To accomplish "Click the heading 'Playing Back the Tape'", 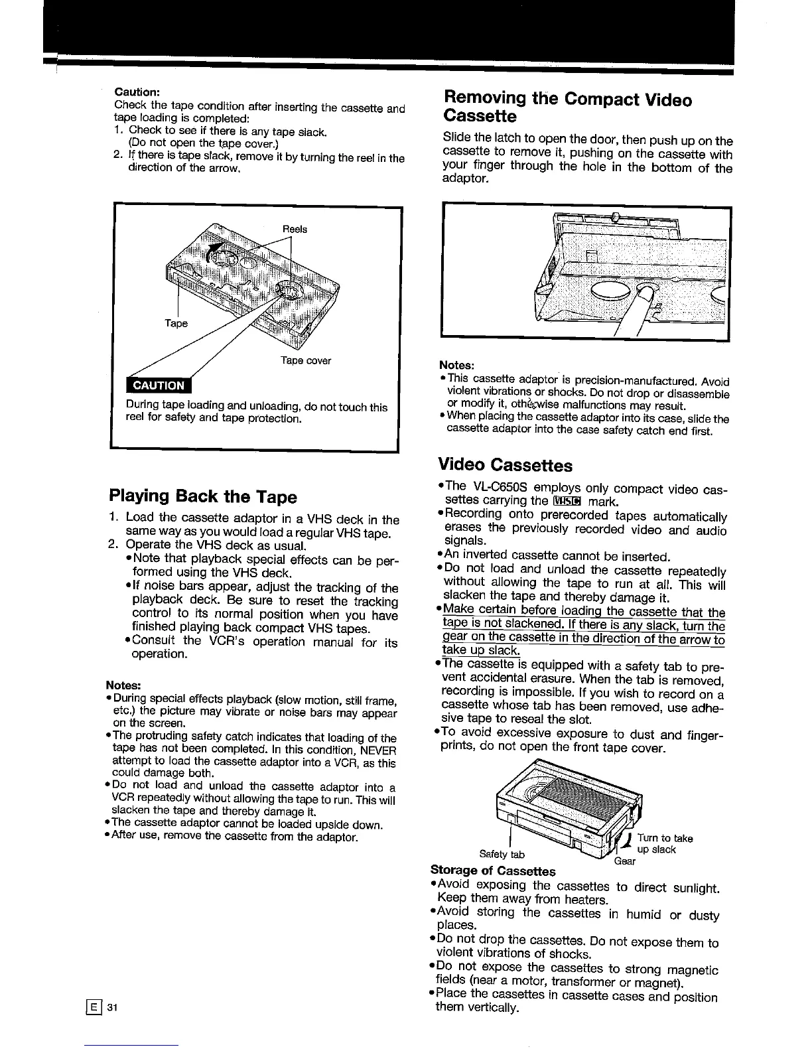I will [202, 497].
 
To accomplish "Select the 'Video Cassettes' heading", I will [505, 464].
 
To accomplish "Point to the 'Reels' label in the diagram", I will [295, 229].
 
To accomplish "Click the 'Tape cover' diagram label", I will [305, 360].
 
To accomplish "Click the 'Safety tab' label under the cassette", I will [502, 854].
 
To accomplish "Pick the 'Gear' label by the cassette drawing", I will [624, 861].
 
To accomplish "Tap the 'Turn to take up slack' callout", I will [664, 844].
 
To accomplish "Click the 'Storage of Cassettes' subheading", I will [493, 871].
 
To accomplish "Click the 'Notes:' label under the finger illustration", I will [456, 366].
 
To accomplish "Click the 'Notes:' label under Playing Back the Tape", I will [123, 685].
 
